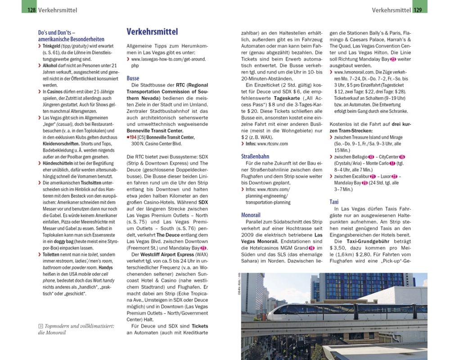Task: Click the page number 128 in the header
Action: pyautogui.click(x=31, y=10)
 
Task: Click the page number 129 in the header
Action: pyautogui.click(x=418, y=10)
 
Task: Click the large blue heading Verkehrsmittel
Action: pyautogui.click(x=152, y=32)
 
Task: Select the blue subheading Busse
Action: pyautogui.click(x=133, y=78)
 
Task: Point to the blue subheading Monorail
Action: pyautogui.click(x=251, y=215)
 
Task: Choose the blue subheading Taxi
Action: pyautogui.click(x=334, y=202)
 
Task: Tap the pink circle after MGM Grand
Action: pyautogui.click(x=311, y=248)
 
